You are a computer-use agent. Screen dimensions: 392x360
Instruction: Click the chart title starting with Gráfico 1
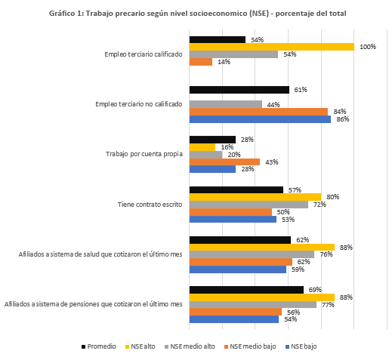(x=198, y=14)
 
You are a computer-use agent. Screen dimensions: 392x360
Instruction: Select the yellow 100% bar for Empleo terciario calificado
(x=272, y=47)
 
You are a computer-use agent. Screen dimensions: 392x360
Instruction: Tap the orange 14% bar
(x=201, y=62)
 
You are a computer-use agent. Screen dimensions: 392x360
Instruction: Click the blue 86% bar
(x=260, y=119)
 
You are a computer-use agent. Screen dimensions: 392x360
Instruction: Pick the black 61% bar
(x=239, y=90)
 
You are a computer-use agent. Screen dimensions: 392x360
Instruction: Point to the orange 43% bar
(x=224, y=162)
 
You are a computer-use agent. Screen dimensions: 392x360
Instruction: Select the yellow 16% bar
(x=202, y=147)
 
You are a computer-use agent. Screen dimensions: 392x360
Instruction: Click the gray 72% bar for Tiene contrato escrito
(x=248, y=205)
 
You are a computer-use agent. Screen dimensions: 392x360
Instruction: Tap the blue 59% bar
(x=238, y=269)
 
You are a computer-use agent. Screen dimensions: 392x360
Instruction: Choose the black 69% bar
(x=246, y=290)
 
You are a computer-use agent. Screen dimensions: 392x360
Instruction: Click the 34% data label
(x=257, y=40)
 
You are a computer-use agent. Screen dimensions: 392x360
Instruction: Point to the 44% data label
(x=273, y=105)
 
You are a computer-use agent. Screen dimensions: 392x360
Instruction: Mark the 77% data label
(x=328, y=305)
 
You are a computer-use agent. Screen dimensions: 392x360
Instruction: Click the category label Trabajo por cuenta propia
(x=144, y=154)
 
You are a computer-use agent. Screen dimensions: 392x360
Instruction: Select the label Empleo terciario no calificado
(x=139, y=104)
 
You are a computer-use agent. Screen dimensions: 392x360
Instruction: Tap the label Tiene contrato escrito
(x=150, y=205)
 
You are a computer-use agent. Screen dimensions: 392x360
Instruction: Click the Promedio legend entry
(x=99, y=346)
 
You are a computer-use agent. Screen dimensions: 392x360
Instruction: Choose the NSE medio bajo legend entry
(x=250, y=346)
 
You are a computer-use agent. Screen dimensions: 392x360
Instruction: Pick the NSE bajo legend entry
(x=301, y=346)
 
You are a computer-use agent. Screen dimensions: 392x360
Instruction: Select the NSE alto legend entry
(x=140, y=346)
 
